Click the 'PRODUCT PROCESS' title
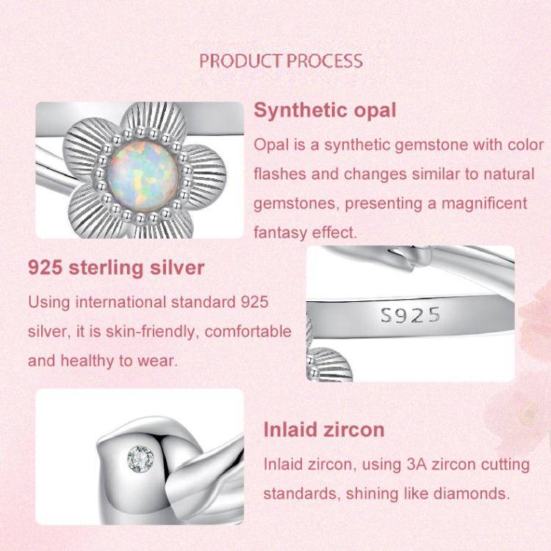coord(281,60)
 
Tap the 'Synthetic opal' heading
coord(325,111)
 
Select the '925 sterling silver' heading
coord(116,267)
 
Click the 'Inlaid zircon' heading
coord(324,429)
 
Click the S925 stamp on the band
coord(411,315)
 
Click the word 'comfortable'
coord(248,331)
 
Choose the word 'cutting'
coord(504,464)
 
